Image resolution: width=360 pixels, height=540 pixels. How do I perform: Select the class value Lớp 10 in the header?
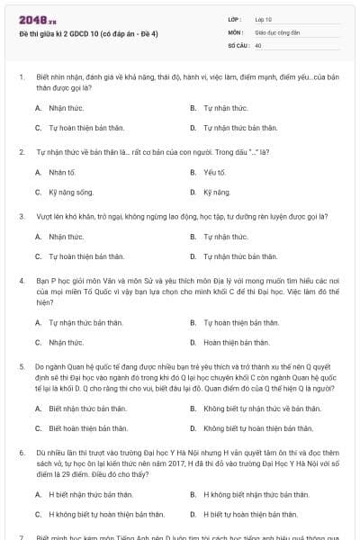(265, 19)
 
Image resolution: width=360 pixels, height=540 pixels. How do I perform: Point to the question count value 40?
(258, 44)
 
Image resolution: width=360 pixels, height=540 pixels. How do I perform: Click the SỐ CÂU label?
(238, 44)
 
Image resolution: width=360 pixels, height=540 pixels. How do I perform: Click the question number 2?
(22, 151)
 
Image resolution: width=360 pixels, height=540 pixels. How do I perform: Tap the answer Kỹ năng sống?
(71, 193)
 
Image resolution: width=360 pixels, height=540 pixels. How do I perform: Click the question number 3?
(22, 216)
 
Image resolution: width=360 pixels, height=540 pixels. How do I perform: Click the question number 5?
(22, 366)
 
